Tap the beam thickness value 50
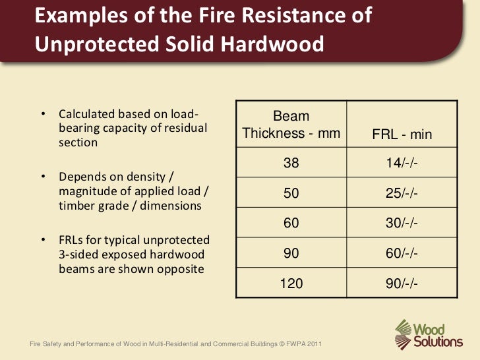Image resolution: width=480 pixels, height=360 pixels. [291, 194]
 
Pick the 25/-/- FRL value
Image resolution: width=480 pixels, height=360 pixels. [402, 194]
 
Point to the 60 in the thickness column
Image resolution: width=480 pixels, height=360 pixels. [291, 224]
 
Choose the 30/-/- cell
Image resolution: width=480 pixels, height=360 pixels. [402, 224]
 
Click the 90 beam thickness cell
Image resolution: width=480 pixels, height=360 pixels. [291, 253]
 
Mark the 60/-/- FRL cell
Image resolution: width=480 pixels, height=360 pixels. [402, 253]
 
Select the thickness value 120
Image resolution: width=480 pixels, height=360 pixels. [291, 283]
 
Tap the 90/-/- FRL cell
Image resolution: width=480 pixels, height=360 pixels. [402, 283]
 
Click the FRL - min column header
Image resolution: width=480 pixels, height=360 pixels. [402, 135]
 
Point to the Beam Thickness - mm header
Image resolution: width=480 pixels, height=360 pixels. [291, 125]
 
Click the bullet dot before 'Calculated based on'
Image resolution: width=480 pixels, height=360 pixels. [43, 115]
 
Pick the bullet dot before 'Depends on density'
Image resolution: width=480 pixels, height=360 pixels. [43, 176]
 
